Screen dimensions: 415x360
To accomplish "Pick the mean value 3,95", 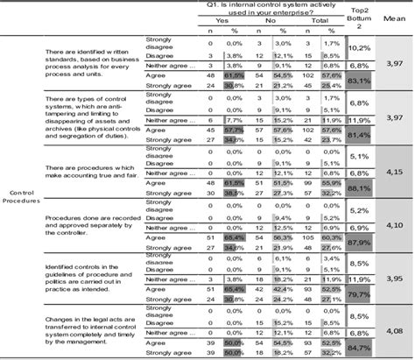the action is pos(396,279).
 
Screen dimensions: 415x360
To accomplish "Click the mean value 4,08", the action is pos(396,332).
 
